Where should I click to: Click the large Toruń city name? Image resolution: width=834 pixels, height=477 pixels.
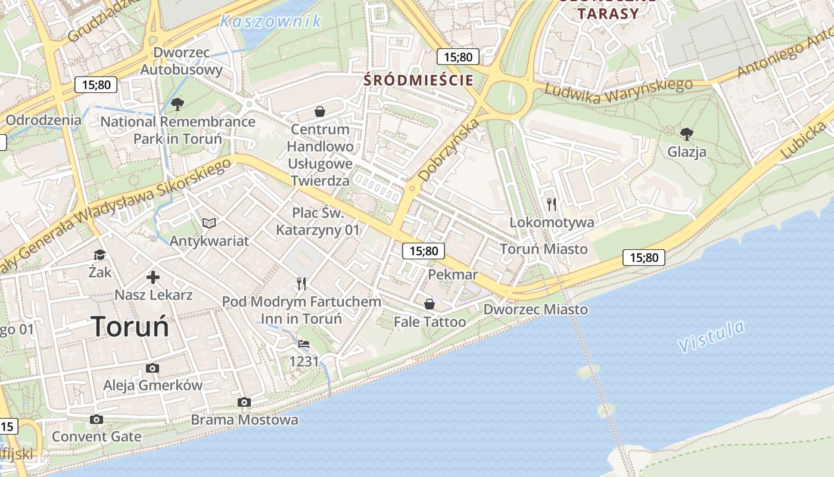130,327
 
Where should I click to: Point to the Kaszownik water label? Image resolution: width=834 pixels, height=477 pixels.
270,21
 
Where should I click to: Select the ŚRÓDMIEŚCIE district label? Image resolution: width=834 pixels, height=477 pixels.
419,80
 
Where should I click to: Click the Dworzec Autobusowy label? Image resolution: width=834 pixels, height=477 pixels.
182,61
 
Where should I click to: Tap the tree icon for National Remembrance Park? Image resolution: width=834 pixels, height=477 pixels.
177,105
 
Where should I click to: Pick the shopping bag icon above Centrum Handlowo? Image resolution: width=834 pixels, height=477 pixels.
320,111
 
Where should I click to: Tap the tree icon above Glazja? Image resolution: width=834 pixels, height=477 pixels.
687,134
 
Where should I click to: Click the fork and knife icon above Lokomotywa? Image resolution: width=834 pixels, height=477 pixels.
552,205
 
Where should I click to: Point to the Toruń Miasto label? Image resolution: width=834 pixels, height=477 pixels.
543,249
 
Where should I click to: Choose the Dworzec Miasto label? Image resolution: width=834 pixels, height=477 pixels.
536,309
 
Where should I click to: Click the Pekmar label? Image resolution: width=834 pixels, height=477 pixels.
453,274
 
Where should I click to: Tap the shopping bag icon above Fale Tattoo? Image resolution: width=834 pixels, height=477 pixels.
430,304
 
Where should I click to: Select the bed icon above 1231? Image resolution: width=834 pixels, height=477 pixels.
304,344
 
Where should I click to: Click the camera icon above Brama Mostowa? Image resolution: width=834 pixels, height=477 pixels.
244,402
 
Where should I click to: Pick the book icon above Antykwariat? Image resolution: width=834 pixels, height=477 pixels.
208,223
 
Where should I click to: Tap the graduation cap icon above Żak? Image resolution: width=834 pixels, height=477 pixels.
99,255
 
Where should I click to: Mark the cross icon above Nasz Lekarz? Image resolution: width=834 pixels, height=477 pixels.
153,277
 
